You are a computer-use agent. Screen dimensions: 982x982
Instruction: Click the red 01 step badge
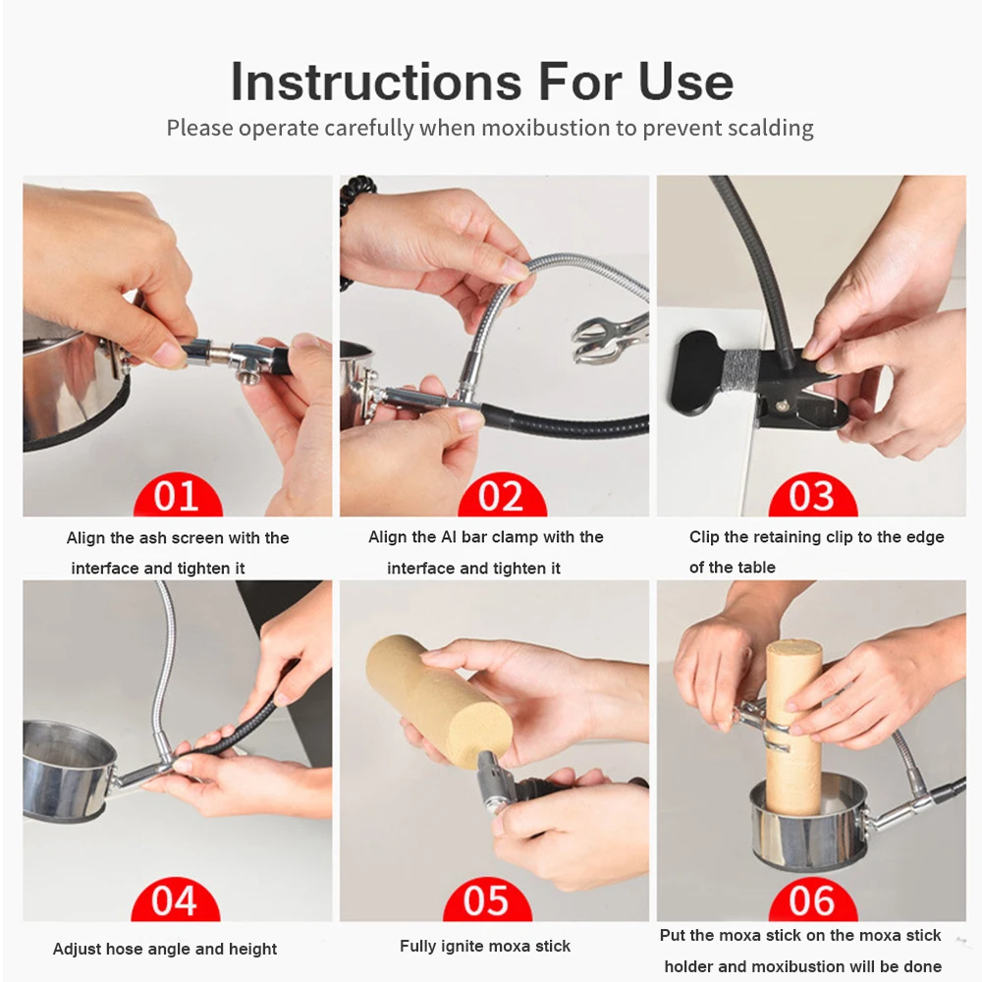click(178, 495)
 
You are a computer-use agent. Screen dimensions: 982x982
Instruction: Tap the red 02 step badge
click(502, 495)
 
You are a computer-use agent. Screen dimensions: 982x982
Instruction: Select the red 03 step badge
click(812, 495)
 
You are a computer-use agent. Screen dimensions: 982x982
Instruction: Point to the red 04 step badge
click(176, 900)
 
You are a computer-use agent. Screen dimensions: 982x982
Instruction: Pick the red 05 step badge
click(487, 900)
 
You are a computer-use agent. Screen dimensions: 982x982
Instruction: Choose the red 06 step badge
click(812, 900)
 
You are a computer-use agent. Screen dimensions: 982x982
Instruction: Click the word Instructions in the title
click(376, 82)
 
